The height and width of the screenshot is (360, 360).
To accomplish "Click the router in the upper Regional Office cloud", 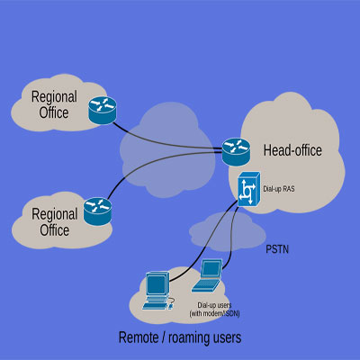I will point(102,112).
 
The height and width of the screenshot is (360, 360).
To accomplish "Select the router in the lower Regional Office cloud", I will point(96,211).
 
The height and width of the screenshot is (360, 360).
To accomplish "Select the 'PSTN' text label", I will point(279,247).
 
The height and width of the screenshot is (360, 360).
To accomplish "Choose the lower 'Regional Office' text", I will point(55,221).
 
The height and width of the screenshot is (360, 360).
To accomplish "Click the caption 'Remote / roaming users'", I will point(180,337).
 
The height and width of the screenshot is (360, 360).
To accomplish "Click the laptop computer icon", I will point(210,276).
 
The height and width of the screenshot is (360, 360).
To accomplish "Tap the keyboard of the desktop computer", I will point(157,304).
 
